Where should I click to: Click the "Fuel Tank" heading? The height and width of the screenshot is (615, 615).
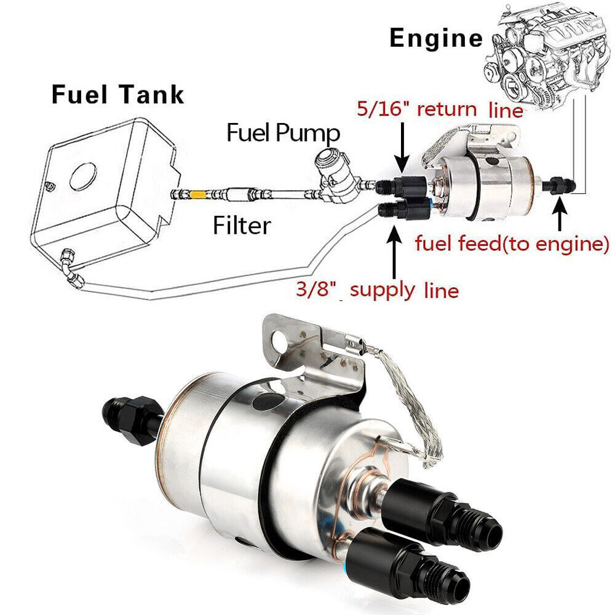[x=117, y=95]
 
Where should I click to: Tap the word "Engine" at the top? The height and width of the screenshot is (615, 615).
[x=436, y=38]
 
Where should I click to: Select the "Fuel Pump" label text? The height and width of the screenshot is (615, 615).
[x=284, y=132]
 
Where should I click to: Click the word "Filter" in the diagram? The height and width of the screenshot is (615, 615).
[x=242, y=226]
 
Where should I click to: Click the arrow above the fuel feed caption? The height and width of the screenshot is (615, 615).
[x=559, y=216]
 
